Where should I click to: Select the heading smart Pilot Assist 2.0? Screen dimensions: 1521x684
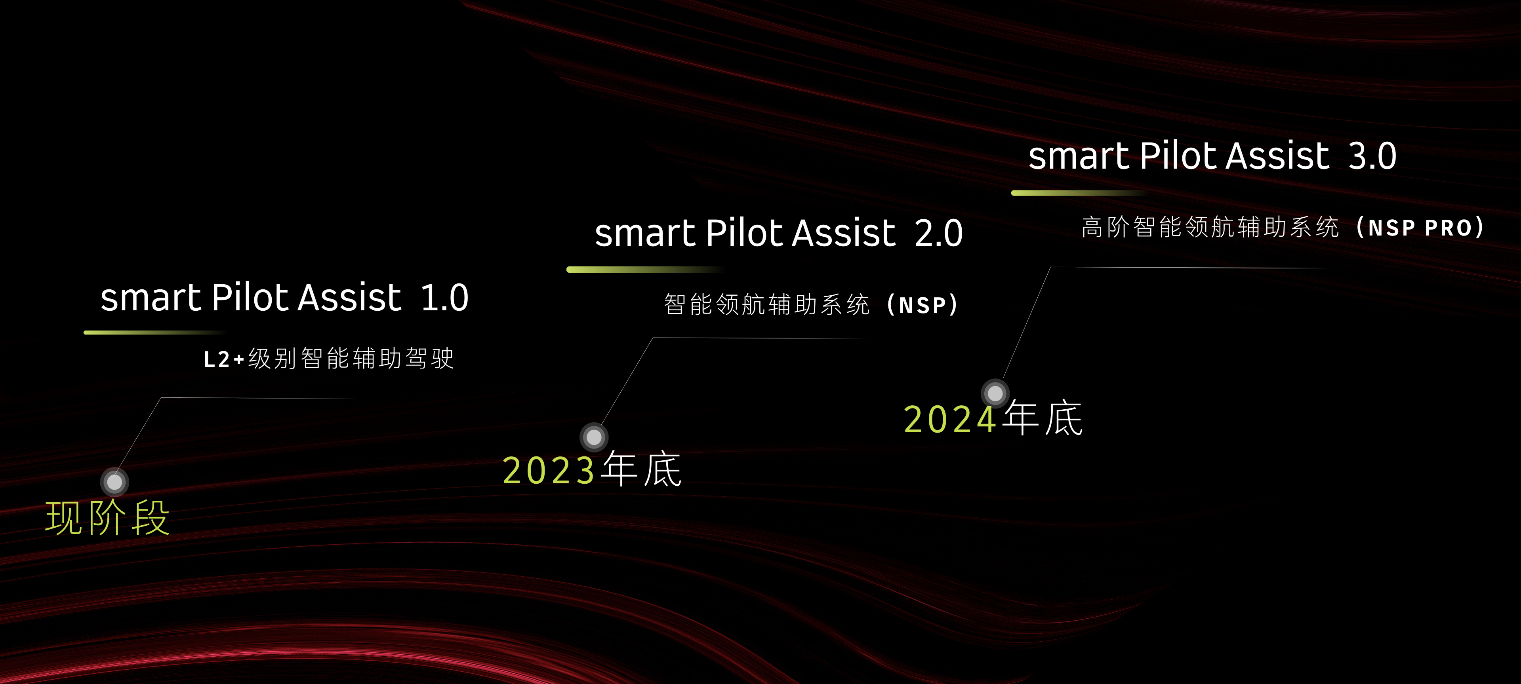pos(779,232)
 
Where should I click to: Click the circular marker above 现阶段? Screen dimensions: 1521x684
pos(114,482)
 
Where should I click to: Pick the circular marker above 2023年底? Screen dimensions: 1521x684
pos(594,437)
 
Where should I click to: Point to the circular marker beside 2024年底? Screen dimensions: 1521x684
pos(995,393)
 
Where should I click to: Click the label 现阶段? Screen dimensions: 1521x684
pos(107,518)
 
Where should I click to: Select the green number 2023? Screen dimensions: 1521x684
pos(549,470)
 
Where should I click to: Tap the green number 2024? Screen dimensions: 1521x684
pos(950,420)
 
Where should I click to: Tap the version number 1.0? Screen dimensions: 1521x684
pos(445,297)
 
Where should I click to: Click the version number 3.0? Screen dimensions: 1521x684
pos(1373,156)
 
